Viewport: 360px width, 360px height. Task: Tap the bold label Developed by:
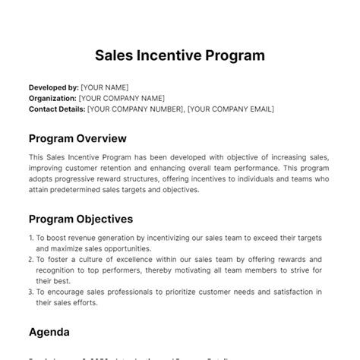(53, 87)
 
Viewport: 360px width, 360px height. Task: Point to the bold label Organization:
(52, 98)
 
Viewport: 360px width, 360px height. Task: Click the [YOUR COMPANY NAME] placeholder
(122, 98)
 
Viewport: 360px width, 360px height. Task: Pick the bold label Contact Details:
(56, 109)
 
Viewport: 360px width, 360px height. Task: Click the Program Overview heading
(77, 138)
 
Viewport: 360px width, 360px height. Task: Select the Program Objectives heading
(81, 219)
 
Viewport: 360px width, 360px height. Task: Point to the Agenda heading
(49, 332)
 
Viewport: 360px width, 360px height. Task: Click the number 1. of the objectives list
(31, 238)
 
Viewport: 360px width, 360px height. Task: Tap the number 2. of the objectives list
(31, 259)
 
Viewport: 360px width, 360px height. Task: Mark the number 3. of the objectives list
(31, 292)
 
